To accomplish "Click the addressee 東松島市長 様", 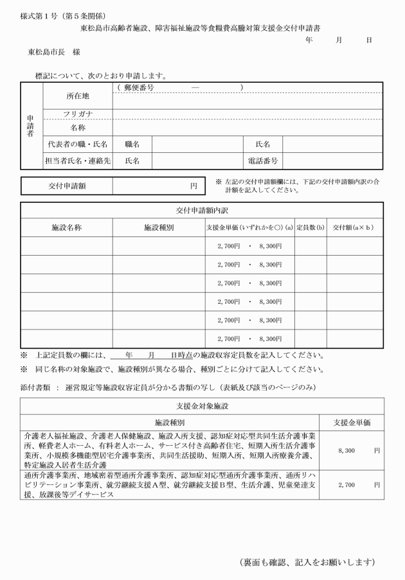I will [x=50, y=50].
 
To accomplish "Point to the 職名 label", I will [x=132, y=145].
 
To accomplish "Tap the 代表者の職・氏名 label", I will [x=77, y=145].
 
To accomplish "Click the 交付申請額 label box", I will [x=67, y=186].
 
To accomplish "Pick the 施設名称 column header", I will [x=67, y=227].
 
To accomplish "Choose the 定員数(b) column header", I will [x=310, y=227].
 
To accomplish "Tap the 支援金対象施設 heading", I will [x=201, y=406].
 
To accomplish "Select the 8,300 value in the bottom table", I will [x=346, y=450].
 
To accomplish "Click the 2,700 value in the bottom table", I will [x=346, y=484].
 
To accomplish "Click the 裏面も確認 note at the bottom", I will [x=307, y=562].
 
